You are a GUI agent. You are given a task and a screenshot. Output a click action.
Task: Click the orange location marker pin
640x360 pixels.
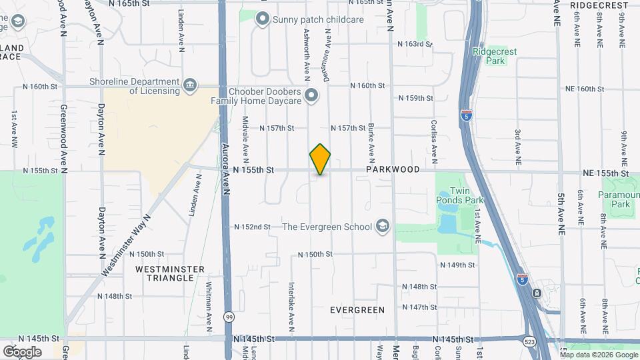pos(320,159)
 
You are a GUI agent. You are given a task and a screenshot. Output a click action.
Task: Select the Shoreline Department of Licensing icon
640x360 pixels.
pos(190,85)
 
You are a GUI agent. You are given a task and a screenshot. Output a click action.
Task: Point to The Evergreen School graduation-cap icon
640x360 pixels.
pos(382,227)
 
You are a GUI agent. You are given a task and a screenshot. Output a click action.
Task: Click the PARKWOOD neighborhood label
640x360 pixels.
pos(393,169)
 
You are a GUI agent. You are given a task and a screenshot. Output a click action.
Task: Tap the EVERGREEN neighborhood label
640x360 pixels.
pos(357,310)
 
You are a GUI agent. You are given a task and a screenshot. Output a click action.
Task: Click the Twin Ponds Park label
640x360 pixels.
pos(459,195)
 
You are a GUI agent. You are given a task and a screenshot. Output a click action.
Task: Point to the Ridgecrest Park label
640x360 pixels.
pos(490,56)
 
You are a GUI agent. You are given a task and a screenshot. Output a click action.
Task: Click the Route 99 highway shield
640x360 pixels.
pos(229,316)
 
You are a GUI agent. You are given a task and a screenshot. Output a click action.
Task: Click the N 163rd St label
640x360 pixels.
pos(415,44)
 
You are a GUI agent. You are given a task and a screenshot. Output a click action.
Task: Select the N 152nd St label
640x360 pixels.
pos(252,227)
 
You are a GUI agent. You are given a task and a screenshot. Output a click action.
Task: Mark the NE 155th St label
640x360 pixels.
pos(605,173)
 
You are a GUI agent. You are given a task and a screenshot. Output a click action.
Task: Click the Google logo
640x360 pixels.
pos(23,351)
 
